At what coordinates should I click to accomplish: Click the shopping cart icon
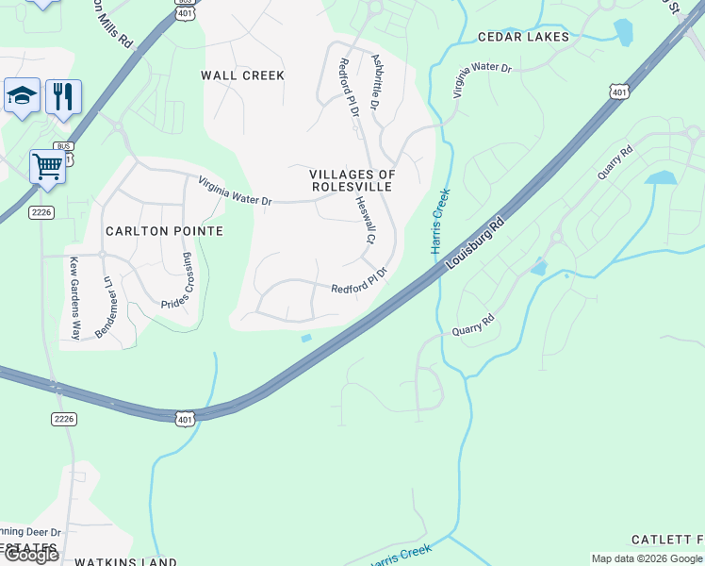[x=47, y=167]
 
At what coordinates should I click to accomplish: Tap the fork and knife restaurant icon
[x=63, y=96]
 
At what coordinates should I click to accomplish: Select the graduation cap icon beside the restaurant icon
[x=22, y=95]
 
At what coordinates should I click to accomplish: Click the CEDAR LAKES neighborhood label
[x=523, y=37]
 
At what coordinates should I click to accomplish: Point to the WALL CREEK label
[x=242, y=75]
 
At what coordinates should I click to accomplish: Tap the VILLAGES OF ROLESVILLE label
[x=352, y=180]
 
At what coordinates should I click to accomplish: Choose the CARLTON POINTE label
[x=164, y=231]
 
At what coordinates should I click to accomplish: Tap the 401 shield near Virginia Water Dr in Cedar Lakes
[x=618, y=91]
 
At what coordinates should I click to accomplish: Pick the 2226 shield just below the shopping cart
[x=41, y=211]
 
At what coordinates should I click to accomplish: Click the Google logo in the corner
[x=31, y=555]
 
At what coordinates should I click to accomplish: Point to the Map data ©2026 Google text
[x=646, y=558]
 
